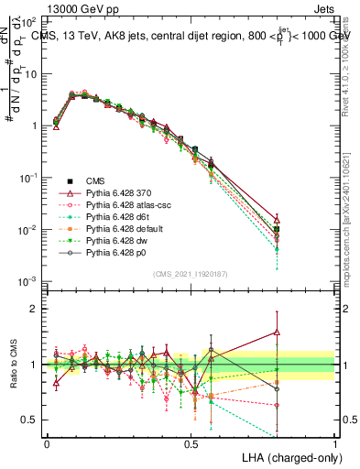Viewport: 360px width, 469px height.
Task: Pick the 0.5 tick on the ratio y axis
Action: (x=31, y=420)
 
